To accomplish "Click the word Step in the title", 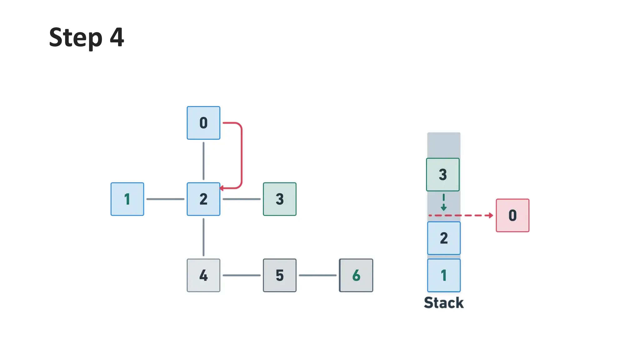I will tap(76, 37).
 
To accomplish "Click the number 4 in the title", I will tap(117, 37).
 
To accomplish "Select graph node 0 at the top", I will tap(203, 123).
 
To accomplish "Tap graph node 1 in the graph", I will tap(127, 199).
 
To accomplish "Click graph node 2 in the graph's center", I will tap(203, 199).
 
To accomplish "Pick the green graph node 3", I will tap(280, 199).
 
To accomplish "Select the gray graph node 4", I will tap(203, 275).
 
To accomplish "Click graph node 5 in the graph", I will tap(280, 275).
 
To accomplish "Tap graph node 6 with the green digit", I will tap(356, 275).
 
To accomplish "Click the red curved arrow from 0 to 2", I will tap(242, 156).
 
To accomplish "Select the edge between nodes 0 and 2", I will tap(203, 161).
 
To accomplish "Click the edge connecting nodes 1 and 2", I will tap(165, 199).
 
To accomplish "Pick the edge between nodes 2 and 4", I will tap(203, 237).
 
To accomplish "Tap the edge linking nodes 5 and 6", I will tap(317, 275).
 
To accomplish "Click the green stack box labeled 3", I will tap(443, 174).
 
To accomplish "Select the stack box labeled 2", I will tap(444, 238).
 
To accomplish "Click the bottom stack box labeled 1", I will tap(444, 275).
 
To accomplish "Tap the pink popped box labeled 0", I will tap(512, 215).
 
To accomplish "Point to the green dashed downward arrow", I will tap(443, 202).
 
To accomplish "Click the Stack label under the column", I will tap(444, 303).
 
